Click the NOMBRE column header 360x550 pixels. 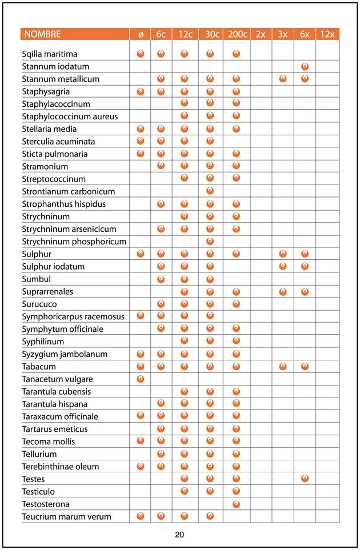click(42, 34)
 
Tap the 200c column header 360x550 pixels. click(236, 34)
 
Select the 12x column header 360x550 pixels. click(327, 34)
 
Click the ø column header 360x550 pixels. click(141, 34)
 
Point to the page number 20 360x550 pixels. click(179, 535)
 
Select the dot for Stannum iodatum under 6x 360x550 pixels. click(305, 66)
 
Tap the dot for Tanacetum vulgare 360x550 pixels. click(141, 379)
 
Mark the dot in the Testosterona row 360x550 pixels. click(236, 504)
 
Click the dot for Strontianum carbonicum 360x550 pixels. click(210, 191)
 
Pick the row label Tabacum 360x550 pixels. click(39, 366)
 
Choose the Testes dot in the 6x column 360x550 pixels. click(305, 479)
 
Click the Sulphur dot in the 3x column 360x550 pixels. click(282, 254)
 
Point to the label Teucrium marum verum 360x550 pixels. click(66, 516)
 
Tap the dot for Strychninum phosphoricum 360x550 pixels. click(210, 241)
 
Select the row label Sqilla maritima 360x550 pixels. click(50, 54)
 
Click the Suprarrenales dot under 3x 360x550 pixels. click(282, 291)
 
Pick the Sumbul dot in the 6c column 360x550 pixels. click(161, 279)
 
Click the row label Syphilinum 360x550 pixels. click(43, 342)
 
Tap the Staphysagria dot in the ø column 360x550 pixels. click(141, 91)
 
